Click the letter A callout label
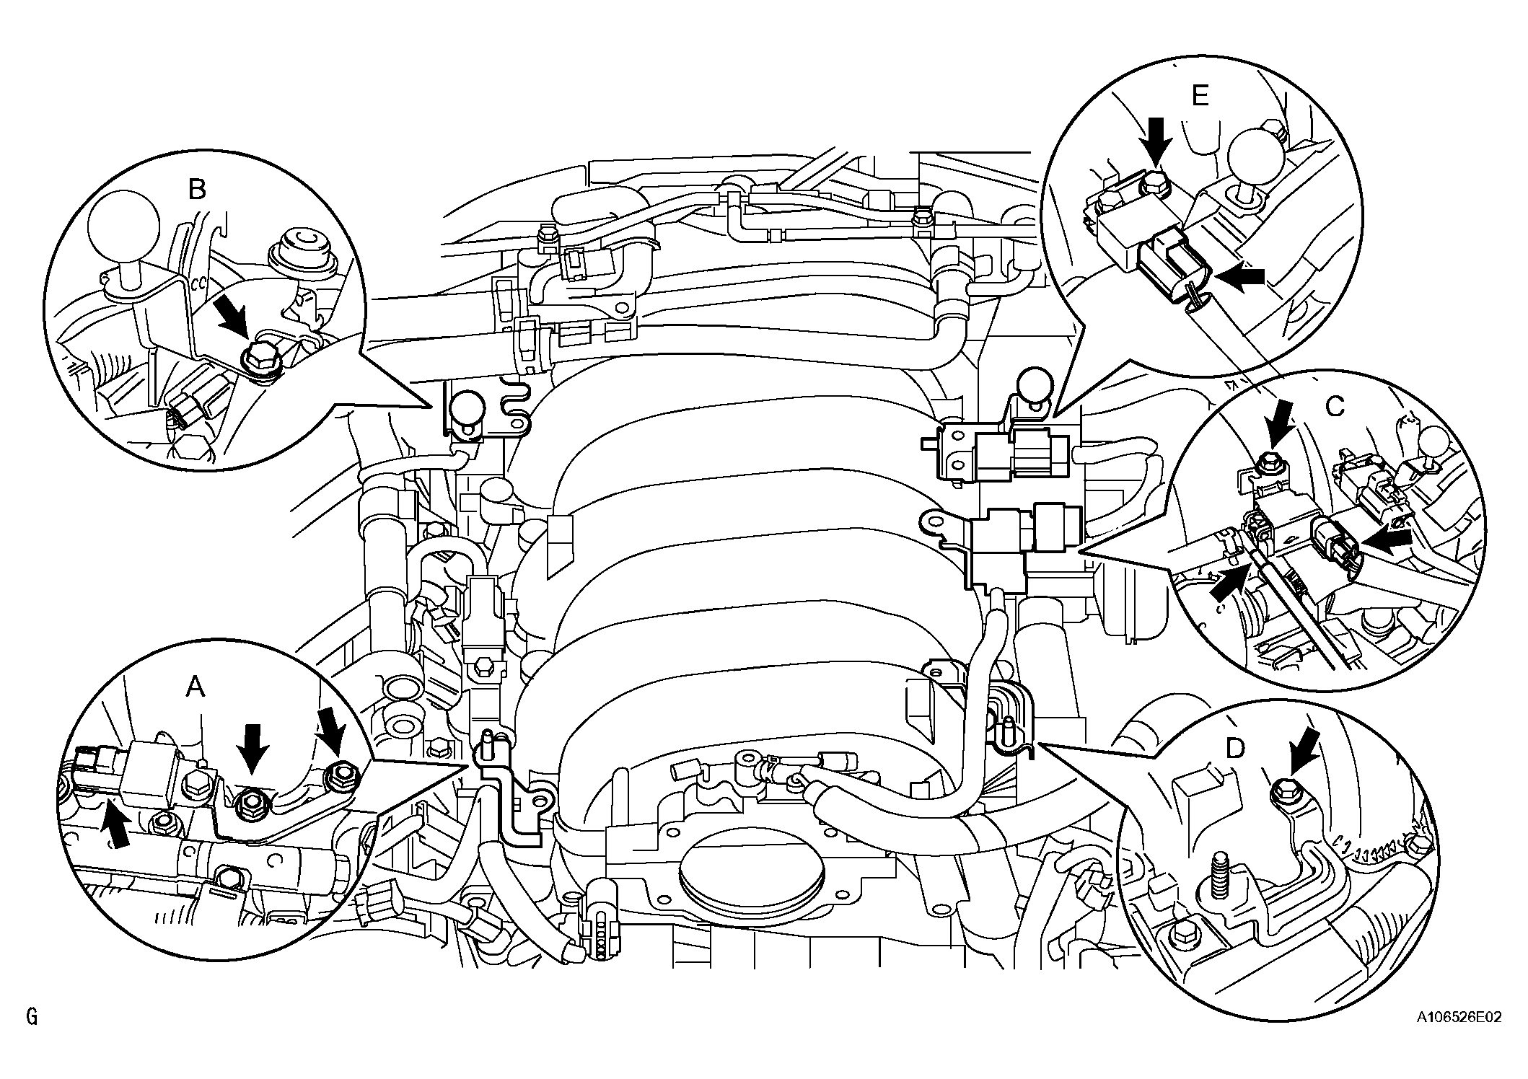[x=196, y=687]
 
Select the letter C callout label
[x=1335, y=408]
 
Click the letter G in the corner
[x=31, y=1018]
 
